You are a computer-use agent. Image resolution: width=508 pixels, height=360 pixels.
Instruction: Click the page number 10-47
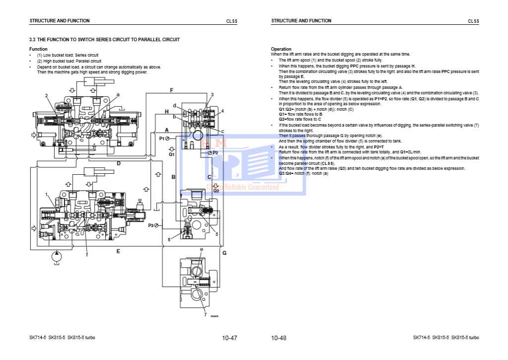coord(230,338)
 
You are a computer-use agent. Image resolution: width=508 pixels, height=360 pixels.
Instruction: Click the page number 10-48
coord(279,338)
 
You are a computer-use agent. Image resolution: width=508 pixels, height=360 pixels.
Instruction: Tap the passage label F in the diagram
coord(171,90)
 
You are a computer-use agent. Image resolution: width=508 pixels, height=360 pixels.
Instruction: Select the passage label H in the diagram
coord(167,112)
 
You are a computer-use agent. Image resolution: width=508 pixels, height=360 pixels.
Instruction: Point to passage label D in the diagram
coord(119,163)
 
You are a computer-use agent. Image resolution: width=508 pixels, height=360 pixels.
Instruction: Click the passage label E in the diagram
coord(118,251)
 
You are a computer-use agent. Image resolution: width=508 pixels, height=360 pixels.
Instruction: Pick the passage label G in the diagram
coord(224,253)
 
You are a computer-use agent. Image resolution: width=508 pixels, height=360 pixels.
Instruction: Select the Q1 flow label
coord(171,154)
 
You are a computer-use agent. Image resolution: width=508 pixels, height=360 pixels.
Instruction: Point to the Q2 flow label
coord(216,190)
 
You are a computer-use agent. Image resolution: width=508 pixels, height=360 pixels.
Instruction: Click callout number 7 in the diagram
coord(205,314)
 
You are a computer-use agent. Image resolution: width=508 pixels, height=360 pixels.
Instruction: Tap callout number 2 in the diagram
coord(46,95)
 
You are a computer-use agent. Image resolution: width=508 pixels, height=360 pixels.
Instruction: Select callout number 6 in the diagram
coord(169,239)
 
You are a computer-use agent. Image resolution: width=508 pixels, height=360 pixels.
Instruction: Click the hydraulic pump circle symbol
coord(56,256)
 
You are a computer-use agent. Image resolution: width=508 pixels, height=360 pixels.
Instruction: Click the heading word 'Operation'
coord(281,49)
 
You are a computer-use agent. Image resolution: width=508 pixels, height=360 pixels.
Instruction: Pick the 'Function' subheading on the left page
coord(38,49)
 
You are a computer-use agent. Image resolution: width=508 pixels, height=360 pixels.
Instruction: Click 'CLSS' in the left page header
coord(232,21)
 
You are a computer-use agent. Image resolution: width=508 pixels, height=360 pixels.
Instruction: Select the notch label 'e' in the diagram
coord(201,249)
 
